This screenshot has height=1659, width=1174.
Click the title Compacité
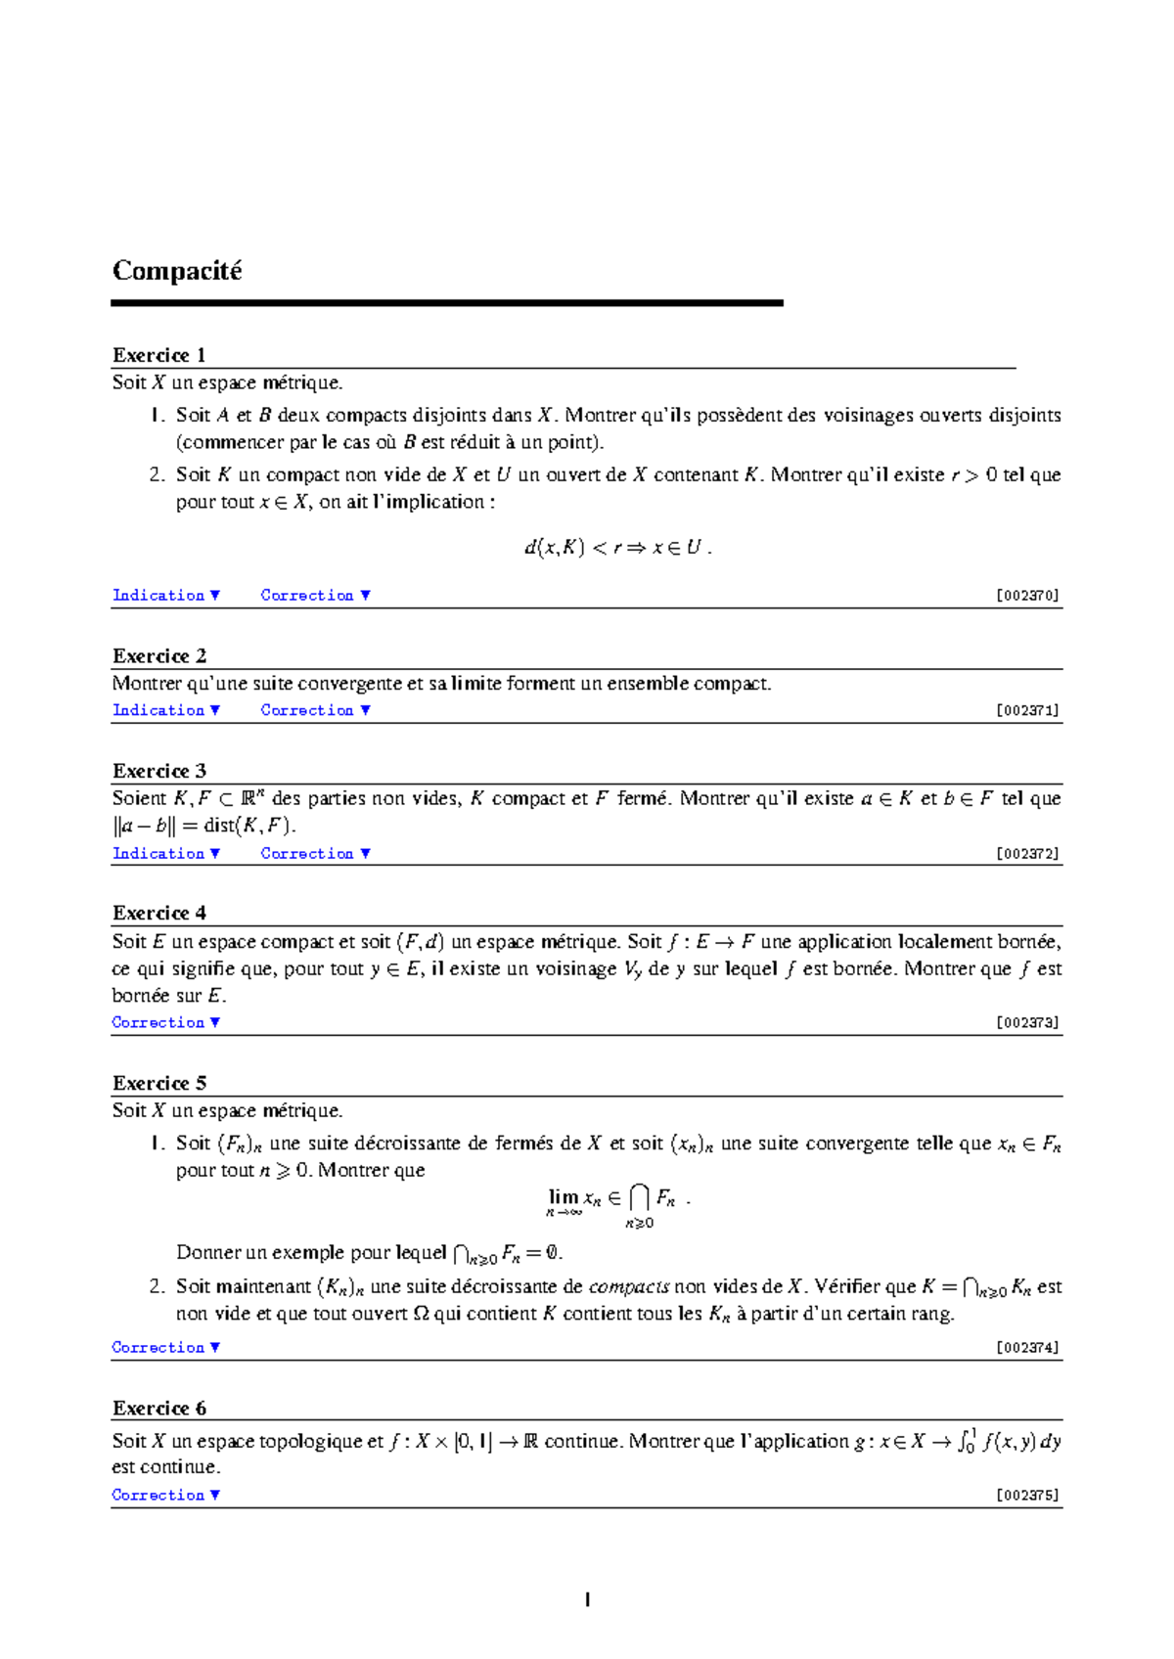[177, 271]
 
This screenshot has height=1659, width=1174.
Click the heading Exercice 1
[158, 355]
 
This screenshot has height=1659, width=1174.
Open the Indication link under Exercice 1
[165, 595]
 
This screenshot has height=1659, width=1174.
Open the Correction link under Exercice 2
[315, 710]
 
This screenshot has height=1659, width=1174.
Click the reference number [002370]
[1027, 595]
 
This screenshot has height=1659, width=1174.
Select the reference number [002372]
[1027, 853]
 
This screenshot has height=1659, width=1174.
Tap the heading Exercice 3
[159, 771]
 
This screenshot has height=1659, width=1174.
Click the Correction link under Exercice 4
[165, 1022]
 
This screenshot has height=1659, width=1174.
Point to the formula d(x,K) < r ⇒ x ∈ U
[616, 548]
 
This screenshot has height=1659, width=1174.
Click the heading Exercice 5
[159, 1083]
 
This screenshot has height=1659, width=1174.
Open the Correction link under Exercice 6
[165, 1495]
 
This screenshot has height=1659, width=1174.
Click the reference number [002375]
[1027, 1495]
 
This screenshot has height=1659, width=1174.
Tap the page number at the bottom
[587, 1600]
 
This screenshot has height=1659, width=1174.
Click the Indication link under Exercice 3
[165, 853]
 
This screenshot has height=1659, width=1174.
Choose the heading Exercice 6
[159, 1408]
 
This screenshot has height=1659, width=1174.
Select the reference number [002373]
[1027, 1022]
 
